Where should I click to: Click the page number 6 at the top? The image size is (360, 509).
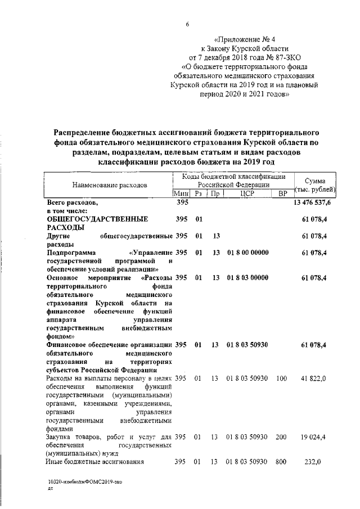coord(188,23)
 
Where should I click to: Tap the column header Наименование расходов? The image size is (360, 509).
coord(110,184)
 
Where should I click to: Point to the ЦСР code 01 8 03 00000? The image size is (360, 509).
coord(248,278)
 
